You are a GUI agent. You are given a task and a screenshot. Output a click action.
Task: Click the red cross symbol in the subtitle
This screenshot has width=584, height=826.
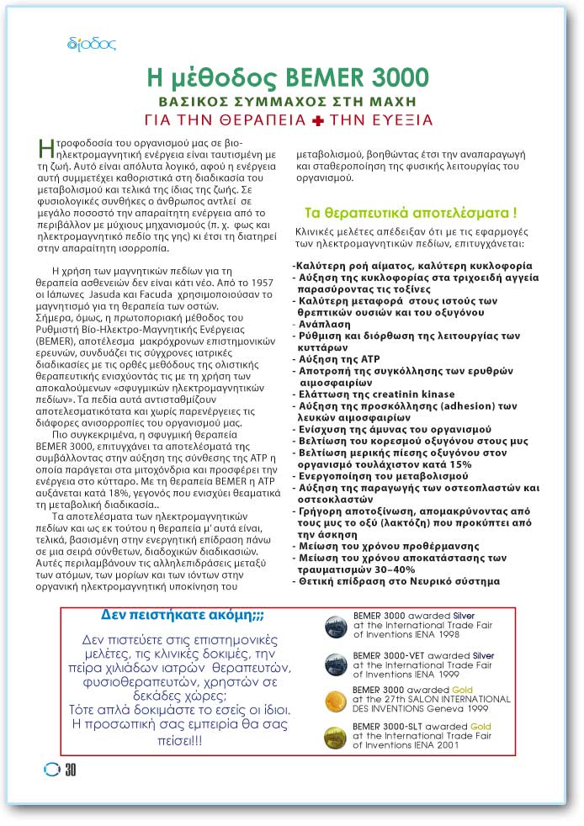click(x=317, y=120)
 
